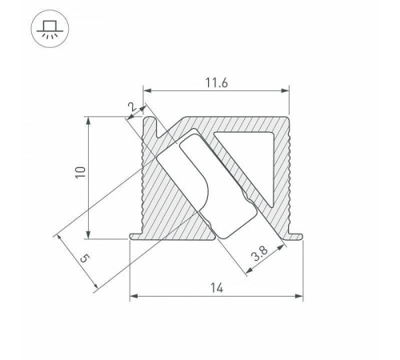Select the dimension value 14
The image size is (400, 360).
(x=216, y=287)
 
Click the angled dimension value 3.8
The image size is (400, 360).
(x=258, y=257)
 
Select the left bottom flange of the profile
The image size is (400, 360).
(x=135, y=234)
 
